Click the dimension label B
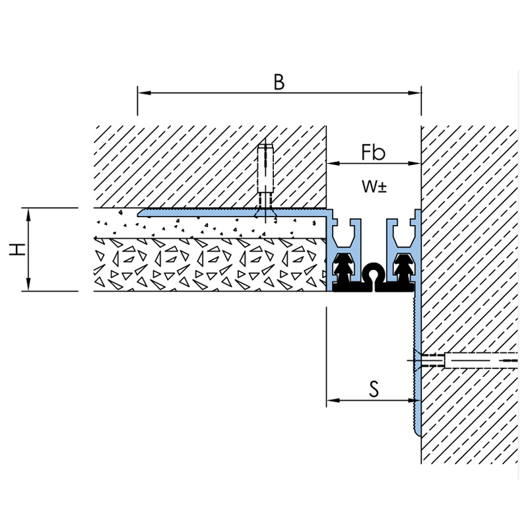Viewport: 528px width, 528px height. pyautogui.click(x=279, y=82)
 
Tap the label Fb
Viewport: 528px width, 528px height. pyautogui.click(x=373, y=152)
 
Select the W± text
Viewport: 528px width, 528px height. pyautogui.click(x=374, y=186)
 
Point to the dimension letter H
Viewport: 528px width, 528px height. pyautogui.click(x=17, y=249)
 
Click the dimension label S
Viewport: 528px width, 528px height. pyautogui.click(x=374, y=388)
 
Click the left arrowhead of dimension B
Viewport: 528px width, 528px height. pyautogui.click(x=144, y=92)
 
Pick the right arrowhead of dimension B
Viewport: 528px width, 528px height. pyautogui.click(x=414, y=92)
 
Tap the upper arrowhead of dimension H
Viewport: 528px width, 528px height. pyautogui.click(x=28, y=215)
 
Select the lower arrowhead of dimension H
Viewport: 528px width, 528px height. pyautogui.click(x=28, y=284)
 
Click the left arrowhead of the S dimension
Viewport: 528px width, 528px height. pyautogui.click(x=333, y=401)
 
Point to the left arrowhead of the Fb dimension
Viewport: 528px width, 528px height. pyautogui.click(x=333, y=164)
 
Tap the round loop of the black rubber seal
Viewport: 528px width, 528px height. pyautogui.click(x=374, y=272)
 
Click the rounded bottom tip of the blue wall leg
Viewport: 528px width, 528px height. pyautogui.click(x=418, y=435)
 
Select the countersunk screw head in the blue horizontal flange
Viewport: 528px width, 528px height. pyautogui.click(x=266, y=213)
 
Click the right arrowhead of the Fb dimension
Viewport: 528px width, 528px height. pyautogui.click(x=414, y=164)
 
